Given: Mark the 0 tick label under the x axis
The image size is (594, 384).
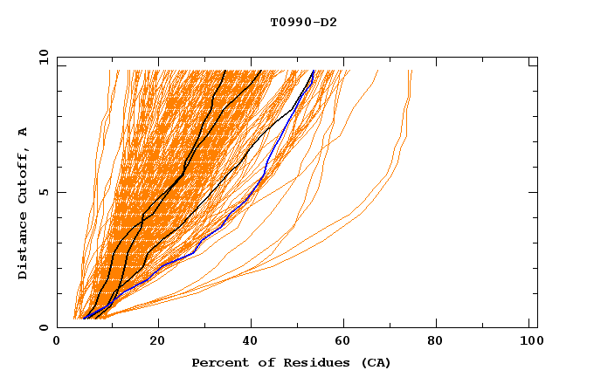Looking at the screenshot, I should (x=57, y=342).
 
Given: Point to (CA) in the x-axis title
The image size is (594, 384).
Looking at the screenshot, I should (x=373, y=362).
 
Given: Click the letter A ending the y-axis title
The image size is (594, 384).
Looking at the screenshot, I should (x=24, y=132).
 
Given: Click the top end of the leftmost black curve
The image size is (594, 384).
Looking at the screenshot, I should (x=225, y=71).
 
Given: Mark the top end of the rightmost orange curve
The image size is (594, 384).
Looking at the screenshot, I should (x=411, y=71).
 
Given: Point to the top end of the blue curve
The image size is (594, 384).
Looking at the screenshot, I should (x=314, y=71).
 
